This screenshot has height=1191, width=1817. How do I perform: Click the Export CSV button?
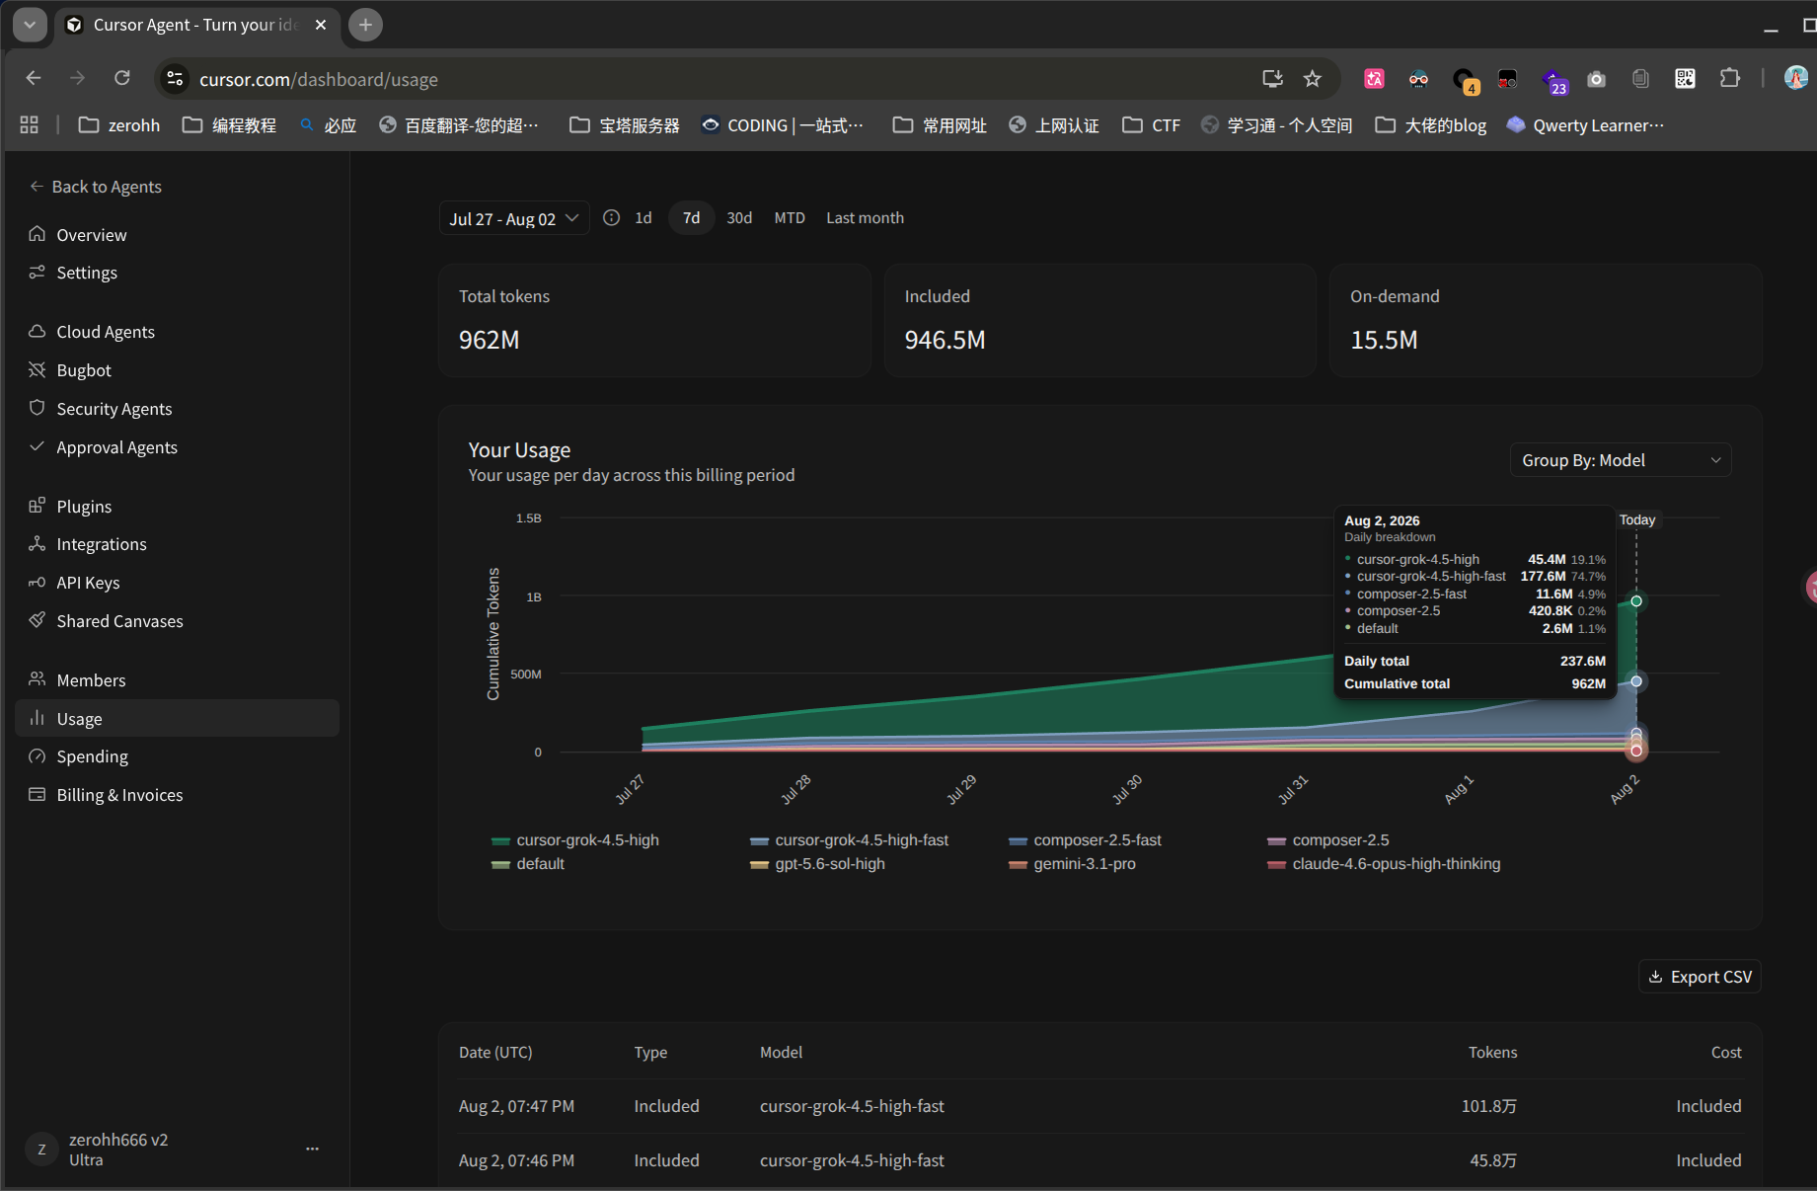pos(1700,977)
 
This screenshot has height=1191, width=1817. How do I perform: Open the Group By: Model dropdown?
pos(1621,460)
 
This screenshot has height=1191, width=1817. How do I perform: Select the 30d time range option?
pos(739,218)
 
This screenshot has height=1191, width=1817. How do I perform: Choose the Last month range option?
pos(865,218)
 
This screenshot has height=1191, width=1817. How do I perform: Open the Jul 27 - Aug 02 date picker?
pos(513,218)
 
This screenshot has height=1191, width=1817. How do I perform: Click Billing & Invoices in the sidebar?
pos(119,795)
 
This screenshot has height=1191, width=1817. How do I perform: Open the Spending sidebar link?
pos(92,756)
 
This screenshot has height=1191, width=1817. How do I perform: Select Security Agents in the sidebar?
pos(114,409)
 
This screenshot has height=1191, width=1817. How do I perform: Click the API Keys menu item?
pos(88,583)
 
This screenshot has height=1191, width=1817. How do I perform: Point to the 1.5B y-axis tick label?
pos(529,518)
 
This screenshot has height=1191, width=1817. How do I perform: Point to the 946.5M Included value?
pos(945,340)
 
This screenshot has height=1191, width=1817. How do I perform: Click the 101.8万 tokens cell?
pos(1489,1106)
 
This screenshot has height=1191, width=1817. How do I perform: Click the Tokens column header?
pos(1492,1053)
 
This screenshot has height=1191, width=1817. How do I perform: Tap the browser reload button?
pos(122,78)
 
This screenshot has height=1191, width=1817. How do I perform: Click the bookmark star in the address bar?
pos(1312,79)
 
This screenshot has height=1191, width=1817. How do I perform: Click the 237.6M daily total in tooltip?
pos(1582,661)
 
